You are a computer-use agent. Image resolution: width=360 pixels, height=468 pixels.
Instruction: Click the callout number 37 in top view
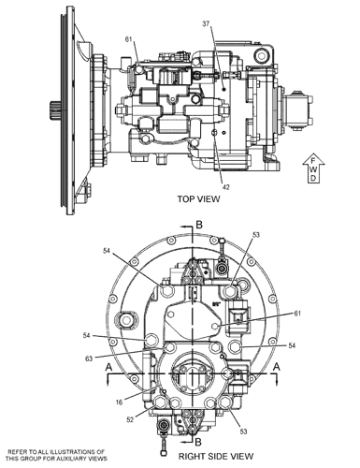coord(206,23)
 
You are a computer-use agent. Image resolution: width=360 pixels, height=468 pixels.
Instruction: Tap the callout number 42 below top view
coord(226,187)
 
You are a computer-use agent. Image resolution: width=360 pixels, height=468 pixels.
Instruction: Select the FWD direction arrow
coord(314,168)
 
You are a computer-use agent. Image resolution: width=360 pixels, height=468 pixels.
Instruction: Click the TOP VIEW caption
coord(198,198)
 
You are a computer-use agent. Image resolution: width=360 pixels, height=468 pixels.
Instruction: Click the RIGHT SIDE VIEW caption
coord(216,456)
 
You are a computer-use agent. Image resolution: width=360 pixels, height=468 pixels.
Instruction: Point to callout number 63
coord(89,358)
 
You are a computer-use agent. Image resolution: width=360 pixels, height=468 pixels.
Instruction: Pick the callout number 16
coord(119,402)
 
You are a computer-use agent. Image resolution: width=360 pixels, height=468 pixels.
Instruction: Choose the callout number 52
coord(130,420)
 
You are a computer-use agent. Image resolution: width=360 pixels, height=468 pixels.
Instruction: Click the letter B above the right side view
coord(199,225)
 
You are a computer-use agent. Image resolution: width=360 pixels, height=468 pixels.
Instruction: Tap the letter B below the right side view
coord(198,442)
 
